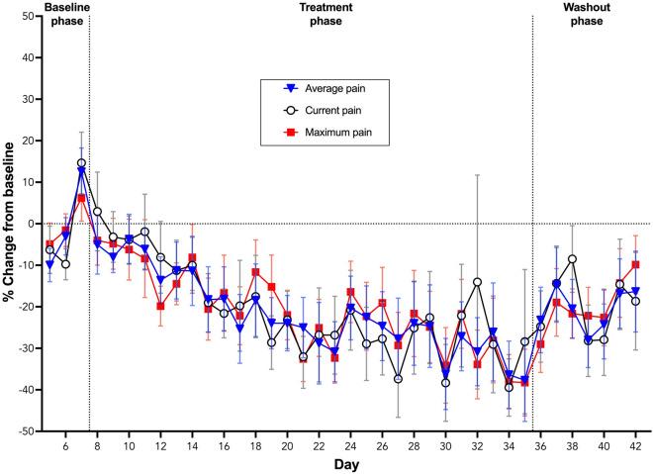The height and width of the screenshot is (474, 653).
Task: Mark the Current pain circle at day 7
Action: click(x=81, y=163)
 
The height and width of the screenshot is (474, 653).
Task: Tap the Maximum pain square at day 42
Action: click(x=635, y=264)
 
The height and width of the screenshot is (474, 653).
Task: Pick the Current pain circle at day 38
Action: click(x=572, y=259)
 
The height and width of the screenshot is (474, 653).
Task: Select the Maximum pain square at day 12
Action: click(x=160, y=306)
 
